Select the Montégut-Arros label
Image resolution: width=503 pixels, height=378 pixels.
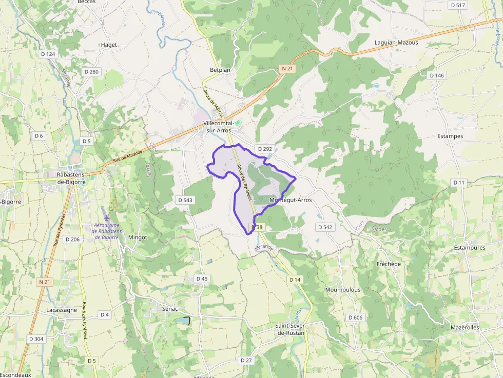point(290,200)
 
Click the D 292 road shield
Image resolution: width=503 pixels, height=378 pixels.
point(265,149)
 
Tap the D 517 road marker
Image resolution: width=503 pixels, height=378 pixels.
point(457,5)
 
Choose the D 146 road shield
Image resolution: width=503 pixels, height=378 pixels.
point(436,75)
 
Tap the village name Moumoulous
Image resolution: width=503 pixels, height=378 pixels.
point(343,290)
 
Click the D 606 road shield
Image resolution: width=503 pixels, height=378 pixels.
point(355,317)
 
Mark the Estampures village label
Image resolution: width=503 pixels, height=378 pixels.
point(470,248)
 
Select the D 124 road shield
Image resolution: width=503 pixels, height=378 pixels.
point(47,54)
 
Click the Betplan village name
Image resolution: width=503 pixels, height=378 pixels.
point(220,70)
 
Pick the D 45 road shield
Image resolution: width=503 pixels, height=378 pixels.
point(202,278)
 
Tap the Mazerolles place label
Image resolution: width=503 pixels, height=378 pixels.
point(465,327)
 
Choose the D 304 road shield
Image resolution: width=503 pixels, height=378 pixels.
point(36,339)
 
